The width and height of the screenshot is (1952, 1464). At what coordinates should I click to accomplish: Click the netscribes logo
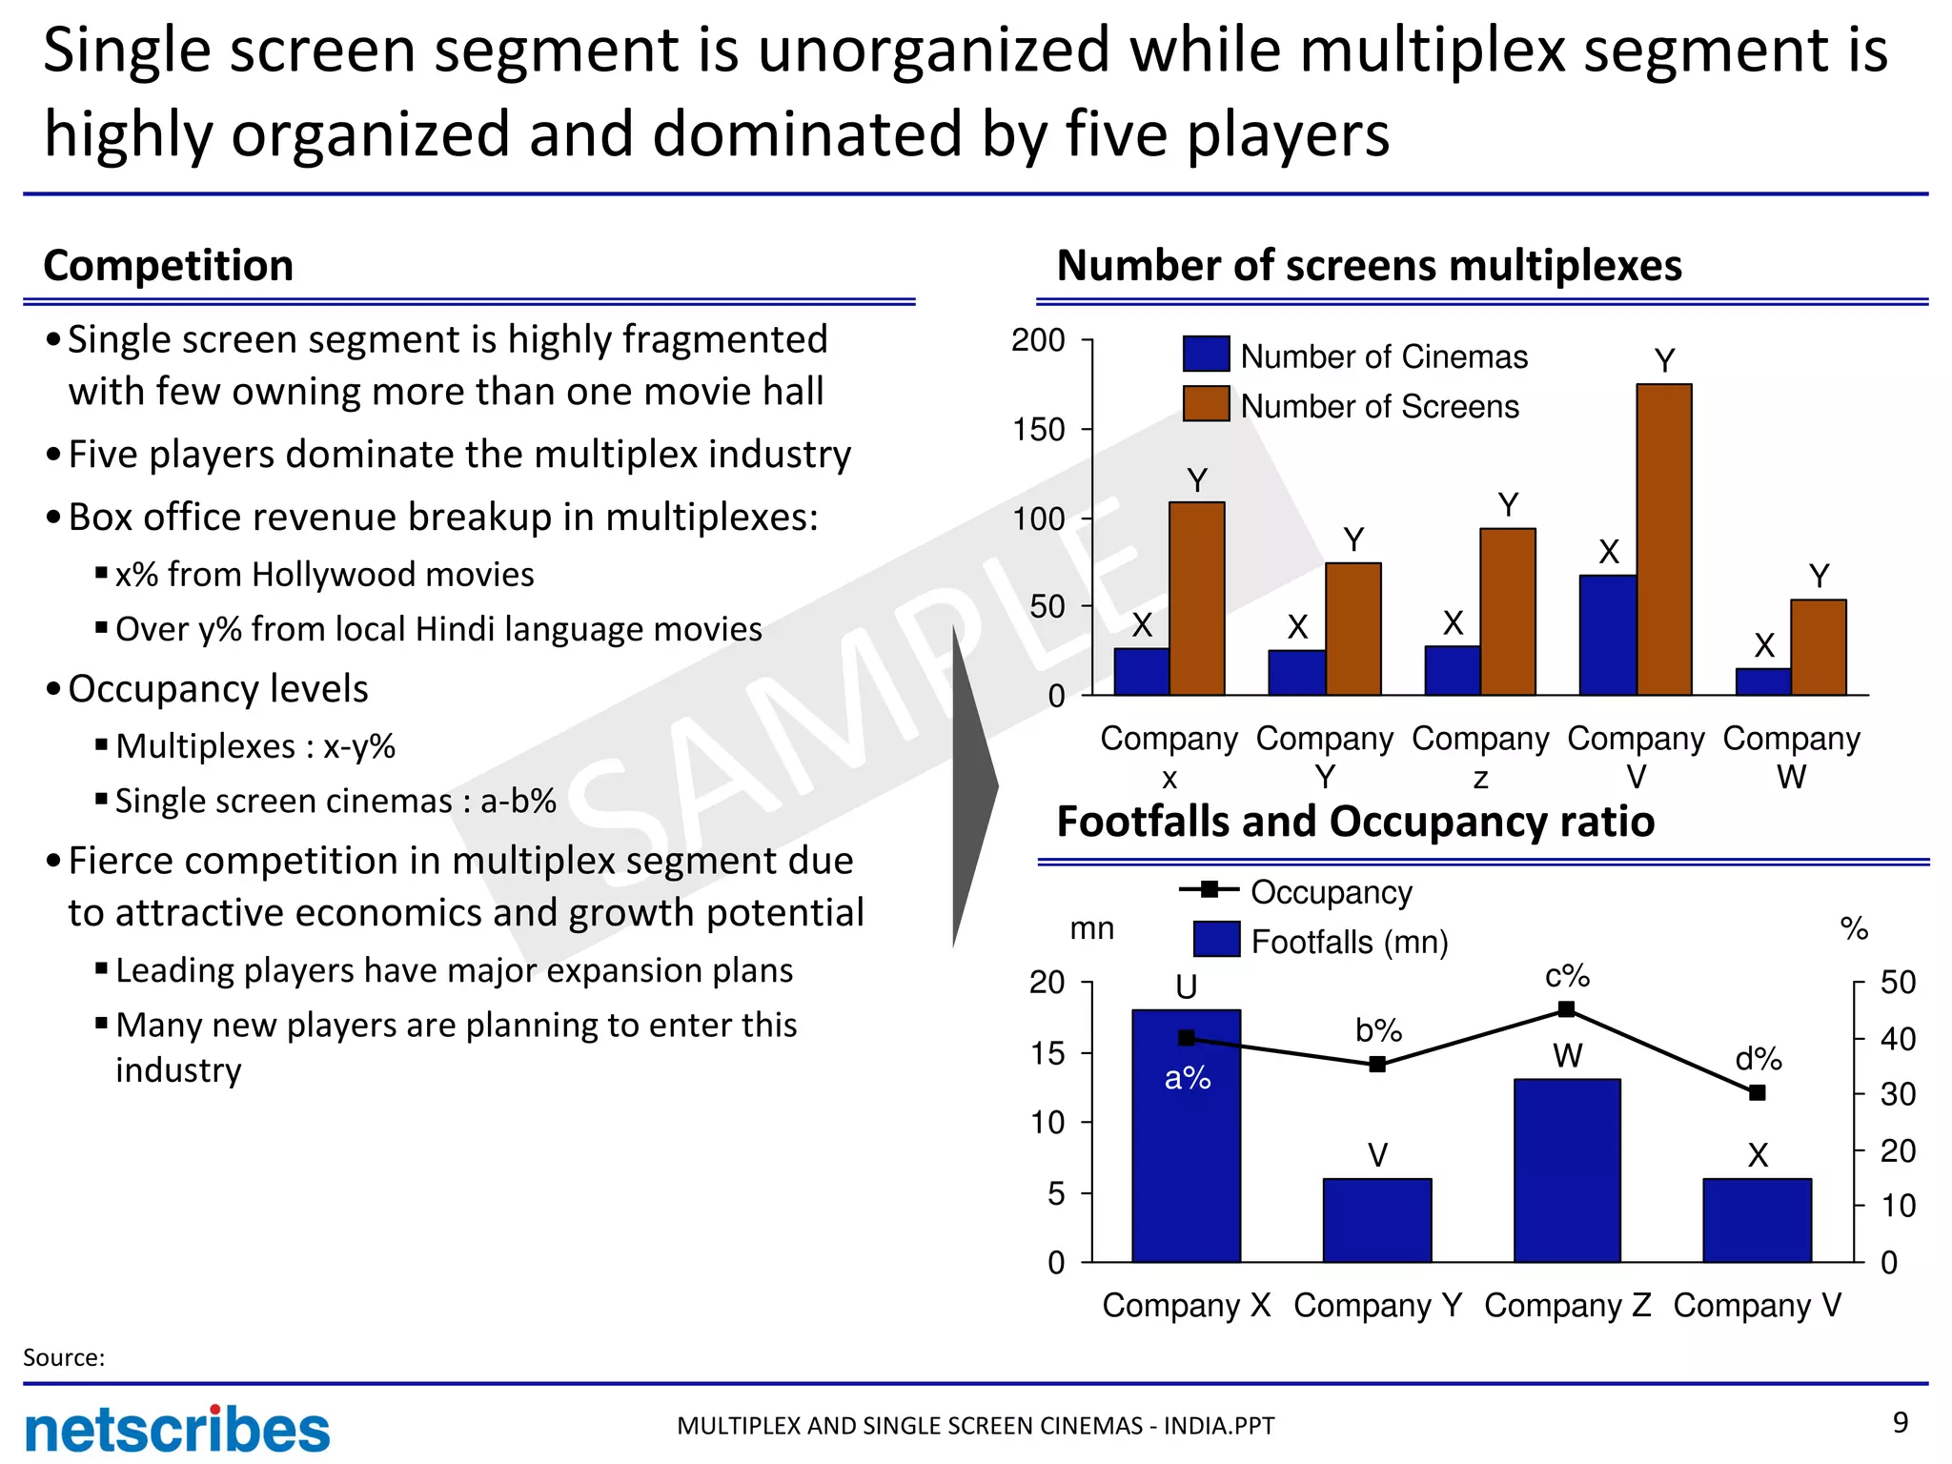click(177, 1430)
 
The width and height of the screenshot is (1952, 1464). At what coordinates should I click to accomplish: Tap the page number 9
click(1900, 1423)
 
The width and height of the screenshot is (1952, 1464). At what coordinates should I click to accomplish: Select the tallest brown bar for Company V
click(1664, 539)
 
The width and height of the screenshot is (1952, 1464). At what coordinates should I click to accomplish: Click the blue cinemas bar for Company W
click(1762, 681)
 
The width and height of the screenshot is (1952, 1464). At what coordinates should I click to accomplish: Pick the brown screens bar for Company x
click(1197, 598)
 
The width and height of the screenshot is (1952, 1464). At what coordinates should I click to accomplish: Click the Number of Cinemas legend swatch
click(1206, 355)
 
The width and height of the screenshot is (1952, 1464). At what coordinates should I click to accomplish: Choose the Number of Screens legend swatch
click(1206, 404)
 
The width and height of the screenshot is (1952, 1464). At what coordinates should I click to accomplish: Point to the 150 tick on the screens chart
click(1039, 430)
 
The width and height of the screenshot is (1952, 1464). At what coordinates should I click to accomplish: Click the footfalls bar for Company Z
click(1567, 1170)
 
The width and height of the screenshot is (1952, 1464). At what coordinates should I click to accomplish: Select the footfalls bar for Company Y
click(1377, 1220)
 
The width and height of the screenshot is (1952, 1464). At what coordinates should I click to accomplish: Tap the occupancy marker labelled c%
click(1567, 1009)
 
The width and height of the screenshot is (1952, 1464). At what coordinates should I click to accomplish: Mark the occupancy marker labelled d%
click(1758, 1093)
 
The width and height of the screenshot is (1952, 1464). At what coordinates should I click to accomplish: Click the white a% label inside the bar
click(1188, 1078)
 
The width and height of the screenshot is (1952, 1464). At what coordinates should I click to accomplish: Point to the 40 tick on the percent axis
click(1897, 1039)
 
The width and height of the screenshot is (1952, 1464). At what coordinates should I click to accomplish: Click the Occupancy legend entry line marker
click(1209, 890)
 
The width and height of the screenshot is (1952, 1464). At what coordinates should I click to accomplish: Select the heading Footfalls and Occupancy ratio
click(1355, 822)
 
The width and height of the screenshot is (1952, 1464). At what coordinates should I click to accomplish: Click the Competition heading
click(169, 265)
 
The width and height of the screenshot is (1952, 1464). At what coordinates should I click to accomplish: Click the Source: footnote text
click(64, 1357)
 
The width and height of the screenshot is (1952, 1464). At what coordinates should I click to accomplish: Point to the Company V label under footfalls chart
click(1758, 1305)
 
